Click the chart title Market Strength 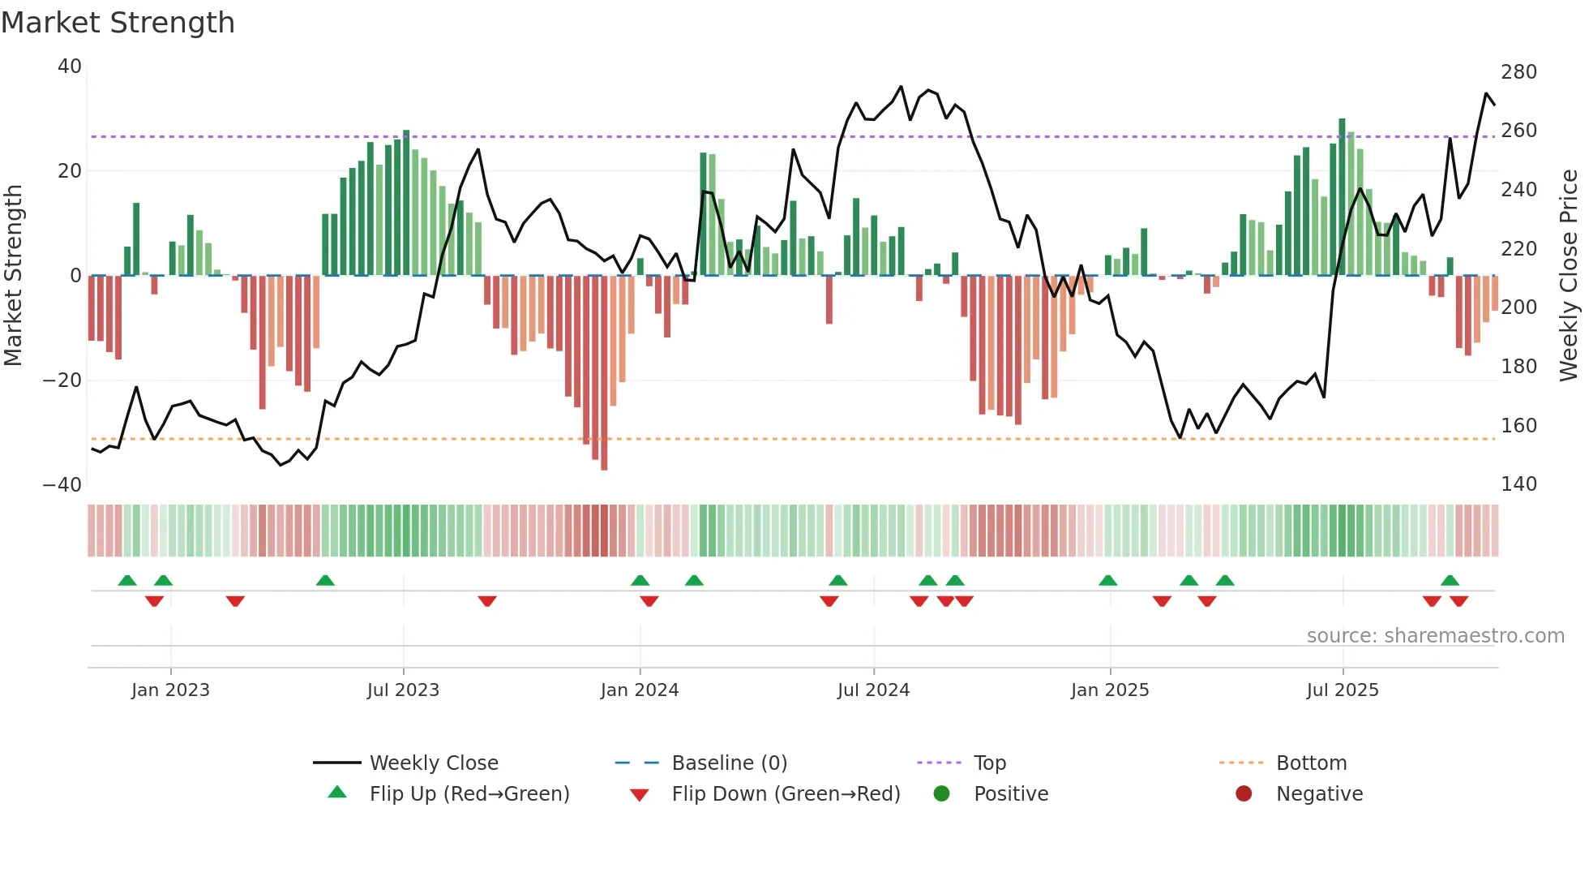[x=118, y=23]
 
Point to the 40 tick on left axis [x=70, y=67]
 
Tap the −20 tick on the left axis [x=62, y=380]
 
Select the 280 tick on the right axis [x=1518, y=72]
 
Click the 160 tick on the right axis [x=1518, y=426]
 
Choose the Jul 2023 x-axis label [x=403, y=690]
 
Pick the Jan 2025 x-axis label [x=1109, y=690]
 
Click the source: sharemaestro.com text [x=1435, y=636]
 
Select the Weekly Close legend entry [x=434, y=763]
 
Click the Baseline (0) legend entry [x=729, y=763]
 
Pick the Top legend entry [x=989, y=763]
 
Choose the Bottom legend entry [x=1311, y=763]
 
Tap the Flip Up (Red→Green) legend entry [x=469, y=794]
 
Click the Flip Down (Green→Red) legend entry [x=786, y=794]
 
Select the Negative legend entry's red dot [x=1244, y=794]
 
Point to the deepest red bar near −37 [x=604, y=373]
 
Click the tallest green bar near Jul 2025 [x=1342, y=197]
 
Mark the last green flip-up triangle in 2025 [x=1450, y=581]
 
